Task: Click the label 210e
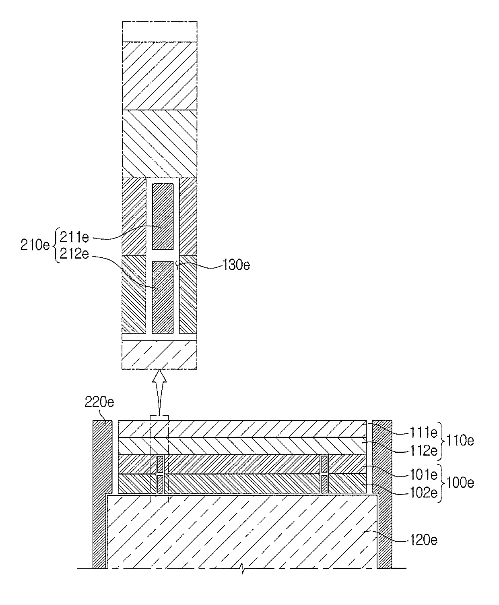coord(35,245)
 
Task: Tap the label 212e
coord(74,254)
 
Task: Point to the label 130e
coord(236,265)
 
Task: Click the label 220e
coord(99,402)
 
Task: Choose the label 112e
coord(423,451)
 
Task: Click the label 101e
coord(423,474)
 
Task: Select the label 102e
coord(423,493)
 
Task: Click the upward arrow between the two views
coord(159,393)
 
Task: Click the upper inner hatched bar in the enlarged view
coord(163,216)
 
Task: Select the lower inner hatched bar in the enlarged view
coord(163,297)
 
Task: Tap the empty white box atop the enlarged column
coord(159,31)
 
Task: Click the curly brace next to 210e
coord(55,245)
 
